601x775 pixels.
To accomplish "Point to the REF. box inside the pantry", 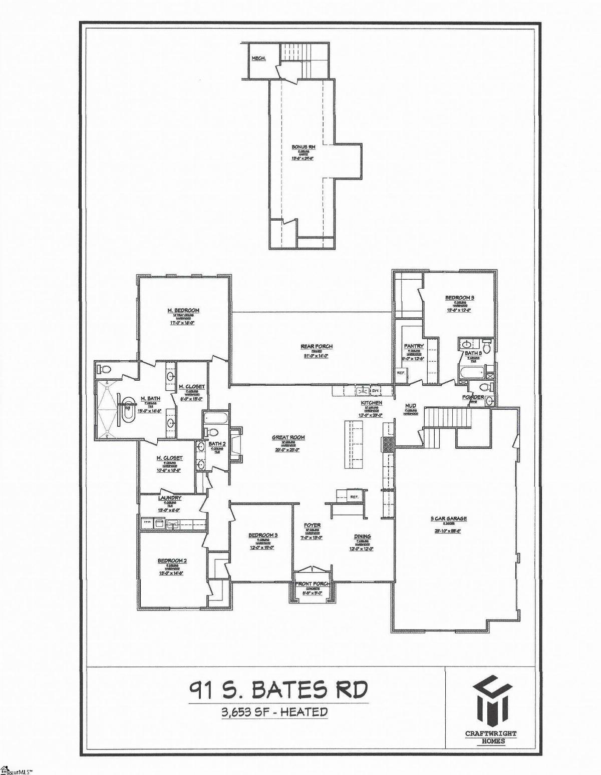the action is [401, 372].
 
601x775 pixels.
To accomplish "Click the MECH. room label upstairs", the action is [258, 59].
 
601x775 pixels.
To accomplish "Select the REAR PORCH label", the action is [317, 346].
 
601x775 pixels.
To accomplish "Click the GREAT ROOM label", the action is [288, 437].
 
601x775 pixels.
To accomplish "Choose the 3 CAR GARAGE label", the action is [449, 518].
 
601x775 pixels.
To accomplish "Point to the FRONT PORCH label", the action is [312, 584].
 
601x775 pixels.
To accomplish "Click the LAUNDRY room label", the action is [169, 498].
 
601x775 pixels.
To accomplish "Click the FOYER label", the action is [312, 525].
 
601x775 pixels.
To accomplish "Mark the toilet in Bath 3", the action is [486, 345].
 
